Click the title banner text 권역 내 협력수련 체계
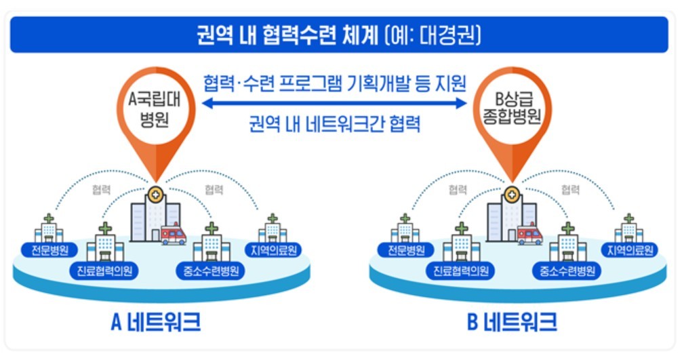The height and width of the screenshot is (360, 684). (x=288, y=35)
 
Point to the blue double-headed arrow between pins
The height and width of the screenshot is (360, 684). (x=334, y=104)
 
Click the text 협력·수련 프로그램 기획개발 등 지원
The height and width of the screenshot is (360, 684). (x=335, y=83)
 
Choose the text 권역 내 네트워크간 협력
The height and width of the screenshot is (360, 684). (x=335, y=124)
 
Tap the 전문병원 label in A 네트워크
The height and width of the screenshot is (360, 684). (x=49, y=250)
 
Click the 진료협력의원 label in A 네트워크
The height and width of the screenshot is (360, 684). (x=104, y=271)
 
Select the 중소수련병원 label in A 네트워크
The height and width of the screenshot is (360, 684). (x=211, y=271)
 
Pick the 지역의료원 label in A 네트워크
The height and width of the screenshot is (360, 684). (x=273, y=250)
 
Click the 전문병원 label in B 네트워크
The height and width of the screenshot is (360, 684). (x=406, y=250)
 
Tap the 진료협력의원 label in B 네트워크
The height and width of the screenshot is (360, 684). (x=461, y=271)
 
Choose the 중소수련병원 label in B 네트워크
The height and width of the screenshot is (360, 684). (x=567, y=271)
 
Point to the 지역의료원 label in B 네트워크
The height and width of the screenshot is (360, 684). (x=630, y=250)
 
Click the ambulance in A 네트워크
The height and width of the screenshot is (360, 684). (x=173, y=235)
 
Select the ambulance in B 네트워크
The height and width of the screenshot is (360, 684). (x=529, y=235)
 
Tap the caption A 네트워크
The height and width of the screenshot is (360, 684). (x=156, y=323)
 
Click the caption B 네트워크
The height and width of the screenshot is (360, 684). (x=512, y=323)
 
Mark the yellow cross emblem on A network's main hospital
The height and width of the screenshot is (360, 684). (x=156, y=194)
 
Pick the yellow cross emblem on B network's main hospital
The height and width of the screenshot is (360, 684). (x=512, y=194)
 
